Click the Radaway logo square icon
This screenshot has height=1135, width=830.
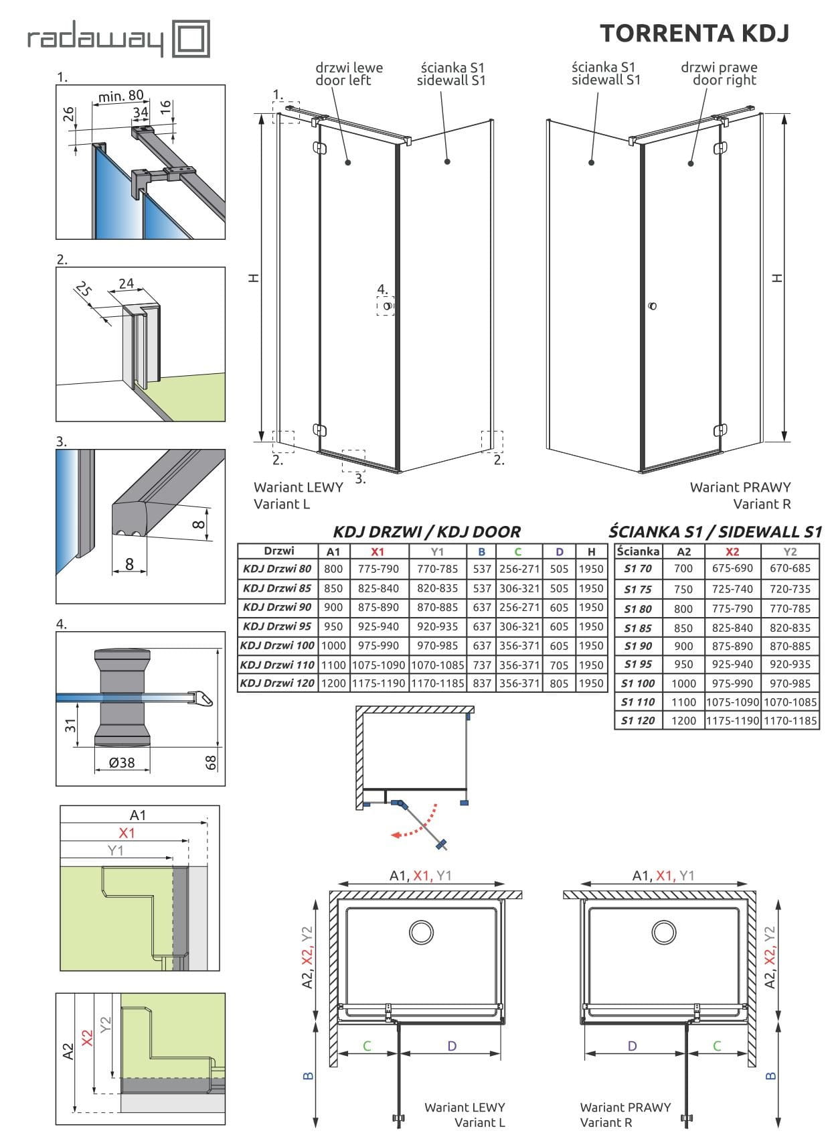tap(191, 38)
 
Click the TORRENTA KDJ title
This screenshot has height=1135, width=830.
tap(694, 33)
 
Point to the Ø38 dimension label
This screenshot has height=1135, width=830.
tap(122, 762)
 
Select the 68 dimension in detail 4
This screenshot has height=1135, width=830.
tap(212, 762)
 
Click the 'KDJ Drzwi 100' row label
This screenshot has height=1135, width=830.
tap(277, 646)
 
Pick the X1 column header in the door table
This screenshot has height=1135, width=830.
tap(378, 551)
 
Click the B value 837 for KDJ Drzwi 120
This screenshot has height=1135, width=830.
tap(482, 684)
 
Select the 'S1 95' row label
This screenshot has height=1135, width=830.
tap(638, 665)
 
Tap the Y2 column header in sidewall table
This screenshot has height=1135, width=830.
tap(790, 551)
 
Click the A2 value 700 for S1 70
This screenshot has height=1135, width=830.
tap(683, 569)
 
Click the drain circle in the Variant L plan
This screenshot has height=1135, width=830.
tap(421, 932)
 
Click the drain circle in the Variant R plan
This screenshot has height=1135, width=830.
tap(664, 932)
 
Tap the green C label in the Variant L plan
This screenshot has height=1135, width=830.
tap(367, 1046)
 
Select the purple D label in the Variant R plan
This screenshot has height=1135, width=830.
tap(632, 1046)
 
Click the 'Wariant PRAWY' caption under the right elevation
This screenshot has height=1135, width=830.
tap(740, 487)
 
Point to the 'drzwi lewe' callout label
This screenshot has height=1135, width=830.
tap(349, 68)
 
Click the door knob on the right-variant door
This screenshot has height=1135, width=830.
tap(653, 306)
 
